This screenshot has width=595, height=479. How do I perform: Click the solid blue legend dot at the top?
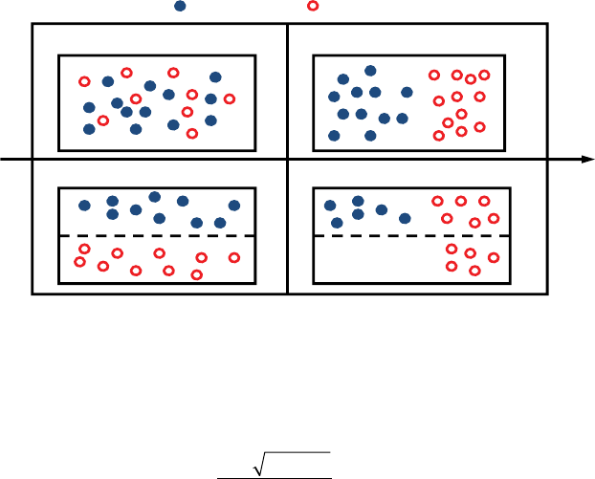(180, 7)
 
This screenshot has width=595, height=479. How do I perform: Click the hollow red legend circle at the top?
(313, 7)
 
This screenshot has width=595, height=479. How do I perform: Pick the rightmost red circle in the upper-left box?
(230, 98)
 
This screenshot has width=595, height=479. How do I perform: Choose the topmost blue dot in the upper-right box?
(370, 70)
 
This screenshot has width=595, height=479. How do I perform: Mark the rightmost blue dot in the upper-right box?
(408, 93)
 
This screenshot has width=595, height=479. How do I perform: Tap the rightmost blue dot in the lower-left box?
(234, 206)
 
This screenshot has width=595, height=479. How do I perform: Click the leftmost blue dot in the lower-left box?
(84, 205)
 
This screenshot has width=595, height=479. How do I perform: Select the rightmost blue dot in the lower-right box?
(406, 218)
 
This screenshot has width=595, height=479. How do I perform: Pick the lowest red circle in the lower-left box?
(197, 275)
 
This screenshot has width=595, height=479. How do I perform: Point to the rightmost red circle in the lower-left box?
(234, 257)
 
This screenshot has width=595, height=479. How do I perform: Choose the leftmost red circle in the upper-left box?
(84, 81)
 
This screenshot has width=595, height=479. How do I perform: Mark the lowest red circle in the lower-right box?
(474, 271)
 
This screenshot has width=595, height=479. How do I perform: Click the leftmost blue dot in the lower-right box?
(330, 205)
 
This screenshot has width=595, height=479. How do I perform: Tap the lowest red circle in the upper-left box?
(192, 134)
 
